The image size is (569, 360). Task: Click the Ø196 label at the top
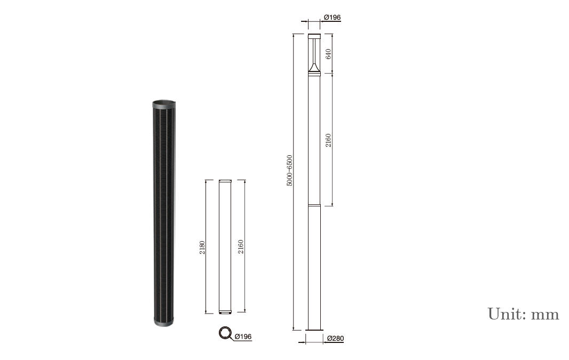(x=333, y=18)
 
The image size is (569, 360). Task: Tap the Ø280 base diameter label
(x=335, y=338)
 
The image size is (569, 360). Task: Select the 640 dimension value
(x=328, y=54)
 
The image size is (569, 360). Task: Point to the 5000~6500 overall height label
(x=289, y=171)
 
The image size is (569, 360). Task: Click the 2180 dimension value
(x=202, y=247)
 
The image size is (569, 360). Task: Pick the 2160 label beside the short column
(x=241, y=246)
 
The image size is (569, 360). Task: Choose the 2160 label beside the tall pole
(x=328, y=140)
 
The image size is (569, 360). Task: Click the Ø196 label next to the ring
(x=243, y=337)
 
